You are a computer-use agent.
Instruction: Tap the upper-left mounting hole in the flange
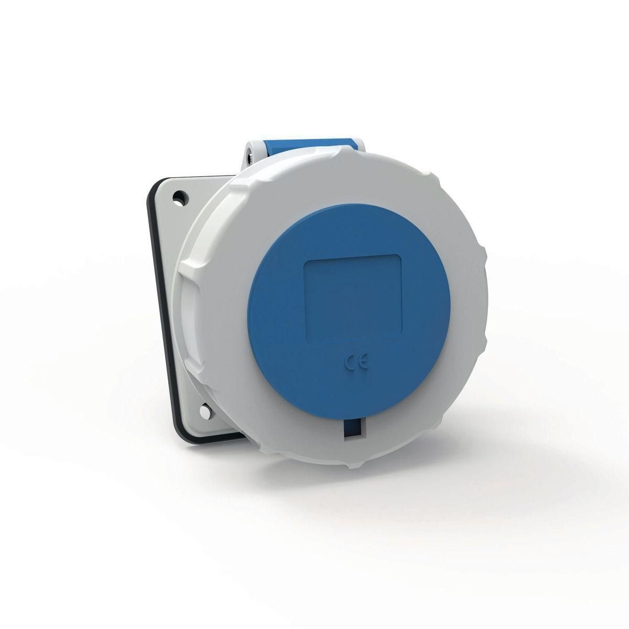coord(181,198)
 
